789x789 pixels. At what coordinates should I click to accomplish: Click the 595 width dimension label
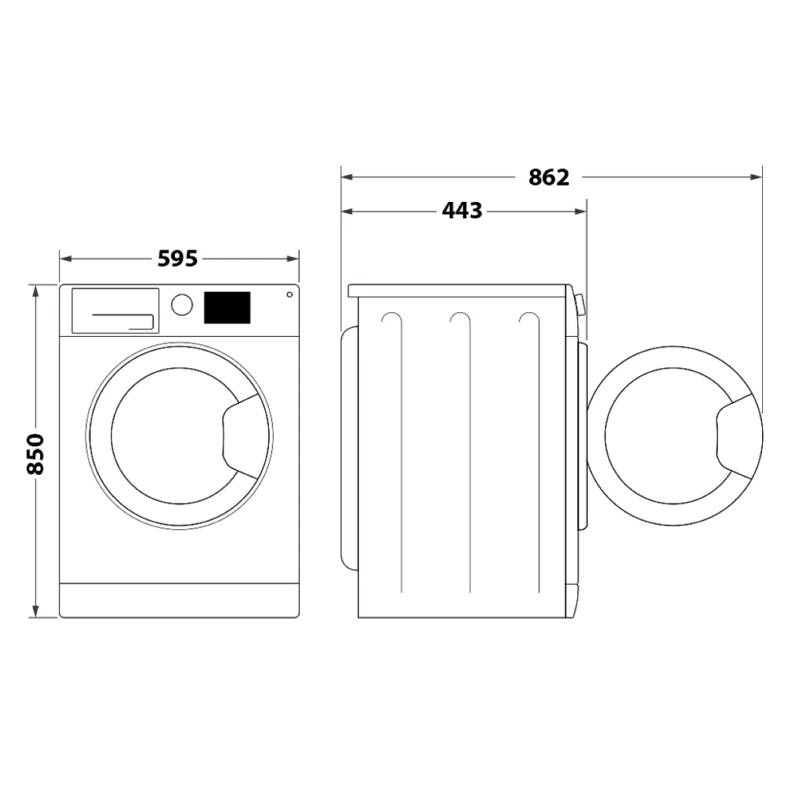point(178,259)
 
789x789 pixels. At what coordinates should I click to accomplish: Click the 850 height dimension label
point(35,454)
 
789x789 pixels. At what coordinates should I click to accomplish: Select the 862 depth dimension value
point(549,177)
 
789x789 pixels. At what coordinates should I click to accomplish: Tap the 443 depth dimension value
point(462,210)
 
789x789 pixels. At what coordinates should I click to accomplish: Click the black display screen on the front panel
point(227,307)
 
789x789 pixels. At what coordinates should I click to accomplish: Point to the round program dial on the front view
point(182,304)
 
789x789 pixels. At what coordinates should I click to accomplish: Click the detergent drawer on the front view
point(115,311)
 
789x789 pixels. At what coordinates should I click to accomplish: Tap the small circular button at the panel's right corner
point(289,294)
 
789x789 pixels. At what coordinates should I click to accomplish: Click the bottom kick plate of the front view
point(179,599)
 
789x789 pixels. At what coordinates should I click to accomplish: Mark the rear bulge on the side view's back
point(349,447)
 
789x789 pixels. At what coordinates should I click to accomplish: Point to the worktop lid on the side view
point(458,290)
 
